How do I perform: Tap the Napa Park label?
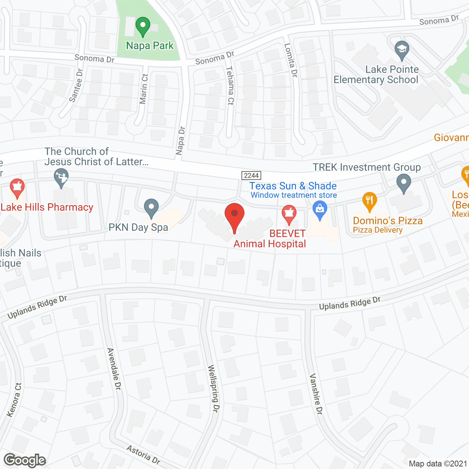click(x=150, y=46)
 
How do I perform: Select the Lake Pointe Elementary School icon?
click(x=402, y=50)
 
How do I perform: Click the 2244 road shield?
click(x=251, y=176)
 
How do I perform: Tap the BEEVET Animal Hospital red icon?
click(x=289, y=214)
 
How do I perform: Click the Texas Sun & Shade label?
click(x=293, y=186)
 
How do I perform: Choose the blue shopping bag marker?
click(x=320, y=210)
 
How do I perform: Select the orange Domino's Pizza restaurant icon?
click(x=369, y=201)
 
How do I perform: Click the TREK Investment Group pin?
click(x=403, y=183)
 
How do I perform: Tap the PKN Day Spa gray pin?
click(x=151, y=208)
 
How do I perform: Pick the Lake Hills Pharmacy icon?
click(x=17, y=188)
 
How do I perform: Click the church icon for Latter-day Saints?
click(x=61, y=177)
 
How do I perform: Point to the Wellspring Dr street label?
click(x=213, y=388)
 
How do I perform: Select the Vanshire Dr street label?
click(x=316, y=394)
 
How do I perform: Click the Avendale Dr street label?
click(x=114, y=368)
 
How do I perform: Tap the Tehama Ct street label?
click(x=230, y=85)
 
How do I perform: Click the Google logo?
click(x=25, y=460)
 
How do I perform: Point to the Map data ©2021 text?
click(x=438, y=464)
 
